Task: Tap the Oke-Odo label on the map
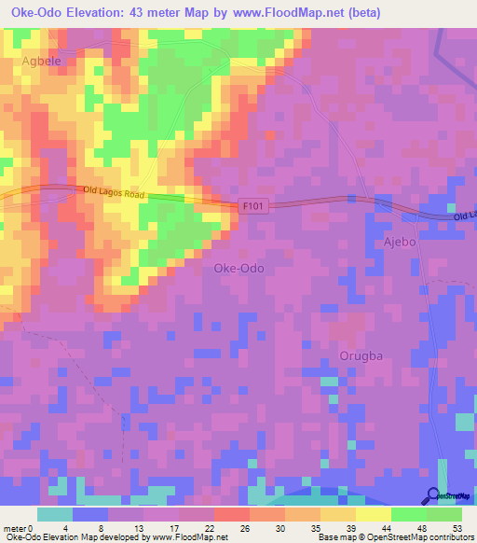coord(238,268)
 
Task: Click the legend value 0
coord(37,527)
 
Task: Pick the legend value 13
coord(143,527)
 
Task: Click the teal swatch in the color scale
coord(55,514)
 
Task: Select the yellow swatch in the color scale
coord(374,514)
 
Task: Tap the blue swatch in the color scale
coord(90,514)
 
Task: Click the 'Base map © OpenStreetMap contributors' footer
coord(393,537)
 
